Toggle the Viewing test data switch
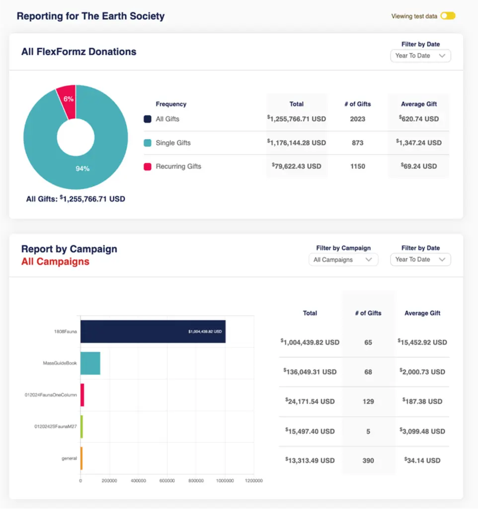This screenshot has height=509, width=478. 448,16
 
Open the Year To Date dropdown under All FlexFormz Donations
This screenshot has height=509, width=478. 420,56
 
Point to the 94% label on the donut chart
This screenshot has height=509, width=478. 82,169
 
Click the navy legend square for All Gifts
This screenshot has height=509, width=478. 148,119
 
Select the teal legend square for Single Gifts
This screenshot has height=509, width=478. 148,143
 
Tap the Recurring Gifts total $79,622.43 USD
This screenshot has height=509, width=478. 297,166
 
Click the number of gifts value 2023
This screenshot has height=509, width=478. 357,119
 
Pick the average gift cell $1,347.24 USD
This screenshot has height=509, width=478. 419,143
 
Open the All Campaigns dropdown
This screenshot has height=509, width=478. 343,259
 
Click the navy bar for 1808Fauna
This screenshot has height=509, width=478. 153,331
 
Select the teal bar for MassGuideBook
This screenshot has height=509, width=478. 90,363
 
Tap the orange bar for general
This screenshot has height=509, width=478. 81,458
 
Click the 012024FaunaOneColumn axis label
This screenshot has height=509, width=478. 51,395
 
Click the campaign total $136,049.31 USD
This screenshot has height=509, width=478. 310,372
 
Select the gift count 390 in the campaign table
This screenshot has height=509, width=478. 368,461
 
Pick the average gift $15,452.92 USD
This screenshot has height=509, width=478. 422,342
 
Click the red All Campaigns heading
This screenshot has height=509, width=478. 55,261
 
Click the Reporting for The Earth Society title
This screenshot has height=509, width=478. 90,16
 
